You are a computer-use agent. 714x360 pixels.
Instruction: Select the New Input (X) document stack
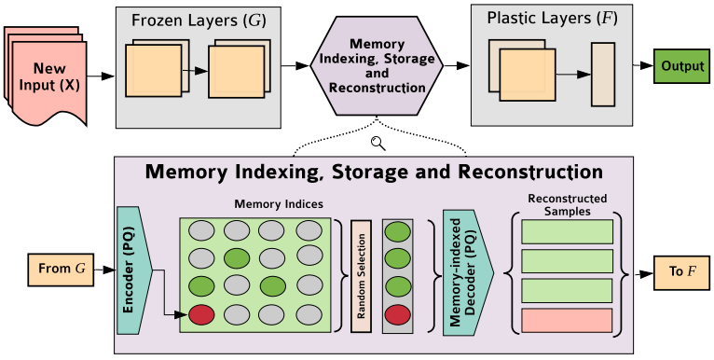[46, 75]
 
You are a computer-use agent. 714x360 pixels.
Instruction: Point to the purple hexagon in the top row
[378, 66]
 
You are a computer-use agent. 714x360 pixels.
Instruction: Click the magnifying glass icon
[378, 142]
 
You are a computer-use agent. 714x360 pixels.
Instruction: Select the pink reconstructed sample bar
[566, 321]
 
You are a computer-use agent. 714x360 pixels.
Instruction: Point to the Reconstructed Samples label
[566, 204]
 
